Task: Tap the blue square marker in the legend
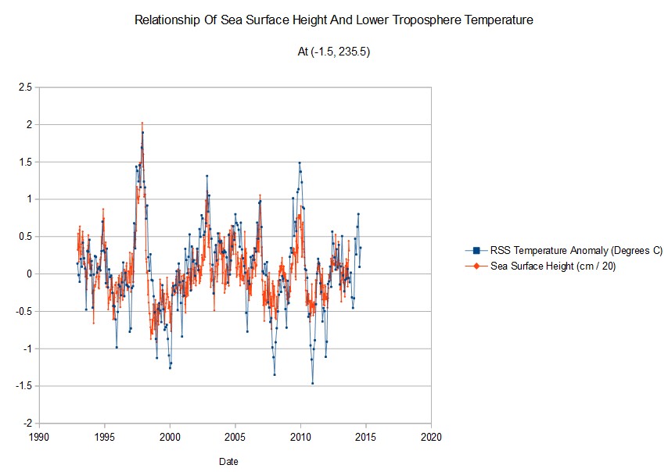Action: pyautogui.click(x=476, y=251)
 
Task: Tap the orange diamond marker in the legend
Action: pyautogui.click(x=476, y=266)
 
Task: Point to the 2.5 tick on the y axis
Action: pyautogui.click(x=25, y=88)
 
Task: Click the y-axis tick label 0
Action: pyautogui.click(x=29, y=274)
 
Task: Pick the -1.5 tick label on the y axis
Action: pyautogui.click(x=23, y=386)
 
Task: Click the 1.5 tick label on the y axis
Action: pyautogui.click(x=25, y=162)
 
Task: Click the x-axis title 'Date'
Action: pyautogui.click(x=229, y=461)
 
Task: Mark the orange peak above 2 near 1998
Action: pyautogui.click(x=142, y=123)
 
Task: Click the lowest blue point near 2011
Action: pyautogui.click(x=313, y=383)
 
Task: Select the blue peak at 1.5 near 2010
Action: pyautogui.click(x=299, y=163)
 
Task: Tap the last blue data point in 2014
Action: pyautogui.click(x=361, y=248)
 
